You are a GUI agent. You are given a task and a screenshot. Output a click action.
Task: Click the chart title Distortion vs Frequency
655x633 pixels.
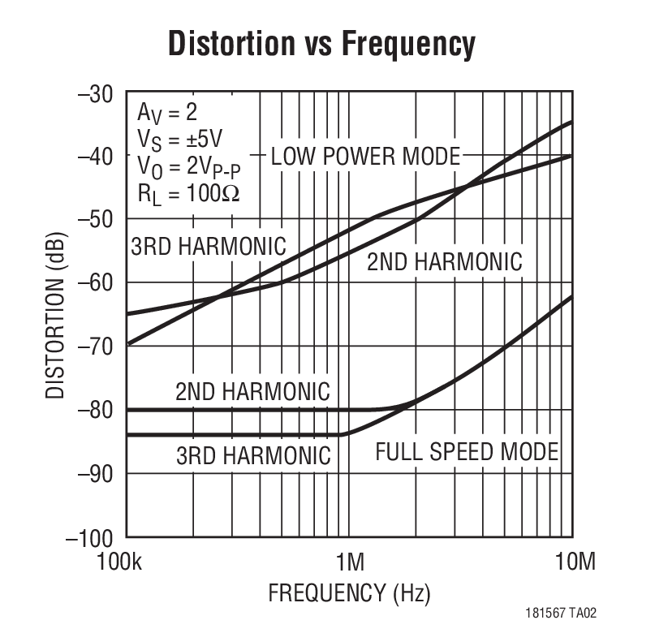(321, 45)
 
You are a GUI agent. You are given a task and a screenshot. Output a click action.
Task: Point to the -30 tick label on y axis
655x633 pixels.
(95, 93)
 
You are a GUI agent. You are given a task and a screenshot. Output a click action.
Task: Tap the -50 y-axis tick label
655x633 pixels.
(95, 219)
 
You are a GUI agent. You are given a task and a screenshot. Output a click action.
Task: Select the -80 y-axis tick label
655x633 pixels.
(95, 409)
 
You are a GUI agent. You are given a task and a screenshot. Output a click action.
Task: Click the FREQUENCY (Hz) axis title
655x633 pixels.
(349, 593)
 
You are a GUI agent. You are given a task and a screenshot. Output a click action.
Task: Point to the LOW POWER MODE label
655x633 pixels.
(365, 156)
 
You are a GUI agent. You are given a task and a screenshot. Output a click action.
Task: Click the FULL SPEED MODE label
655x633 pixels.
(467, 452)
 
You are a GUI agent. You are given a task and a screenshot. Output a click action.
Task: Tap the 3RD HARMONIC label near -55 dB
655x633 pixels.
(209, 246)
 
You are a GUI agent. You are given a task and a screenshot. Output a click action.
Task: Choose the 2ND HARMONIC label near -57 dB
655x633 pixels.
(444, 261)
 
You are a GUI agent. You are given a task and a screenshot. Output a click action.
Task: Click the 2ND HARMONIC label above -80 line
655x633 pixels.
(252, 391)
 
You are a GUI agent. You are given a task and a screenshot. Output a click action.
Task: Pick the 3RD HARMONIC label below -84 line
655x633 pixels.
(253, 455)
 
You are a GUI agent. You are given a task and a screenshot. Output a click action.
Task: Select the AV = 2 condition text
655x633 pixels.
(166, 111)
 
